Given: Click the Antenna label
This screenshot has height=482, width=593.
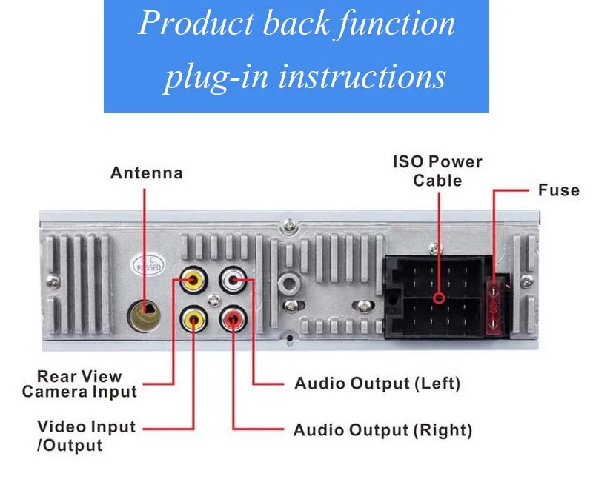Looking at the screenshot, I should tap(146, 173).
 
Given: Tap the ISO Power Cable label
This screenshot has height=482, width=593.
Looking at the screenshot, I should tap(437, 171).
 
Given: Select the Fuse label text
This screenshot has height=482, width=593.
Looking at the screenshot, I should tap(558, 190).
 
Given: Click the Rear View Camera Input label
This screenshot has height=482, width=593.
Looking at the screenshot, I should tap(79, 384).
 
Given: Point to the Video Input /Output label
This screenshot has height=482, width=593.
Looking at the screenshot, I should tap(87, 436).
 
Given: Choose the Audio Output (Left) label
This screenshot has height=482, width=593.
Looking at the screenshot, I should tap(377, 384).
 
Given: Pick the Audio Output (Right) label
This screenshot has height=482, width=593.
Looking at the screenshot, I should tap(382, 430).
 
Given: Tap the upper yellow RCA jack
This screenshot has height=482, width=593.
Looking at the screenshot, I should tap(194, 281).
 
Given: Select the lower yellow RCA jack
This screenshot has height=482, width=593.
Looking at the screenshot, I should tap(194, 320).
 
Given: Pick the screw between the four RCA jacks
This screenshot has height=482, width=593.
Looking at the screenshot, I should tap(214, 300).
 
